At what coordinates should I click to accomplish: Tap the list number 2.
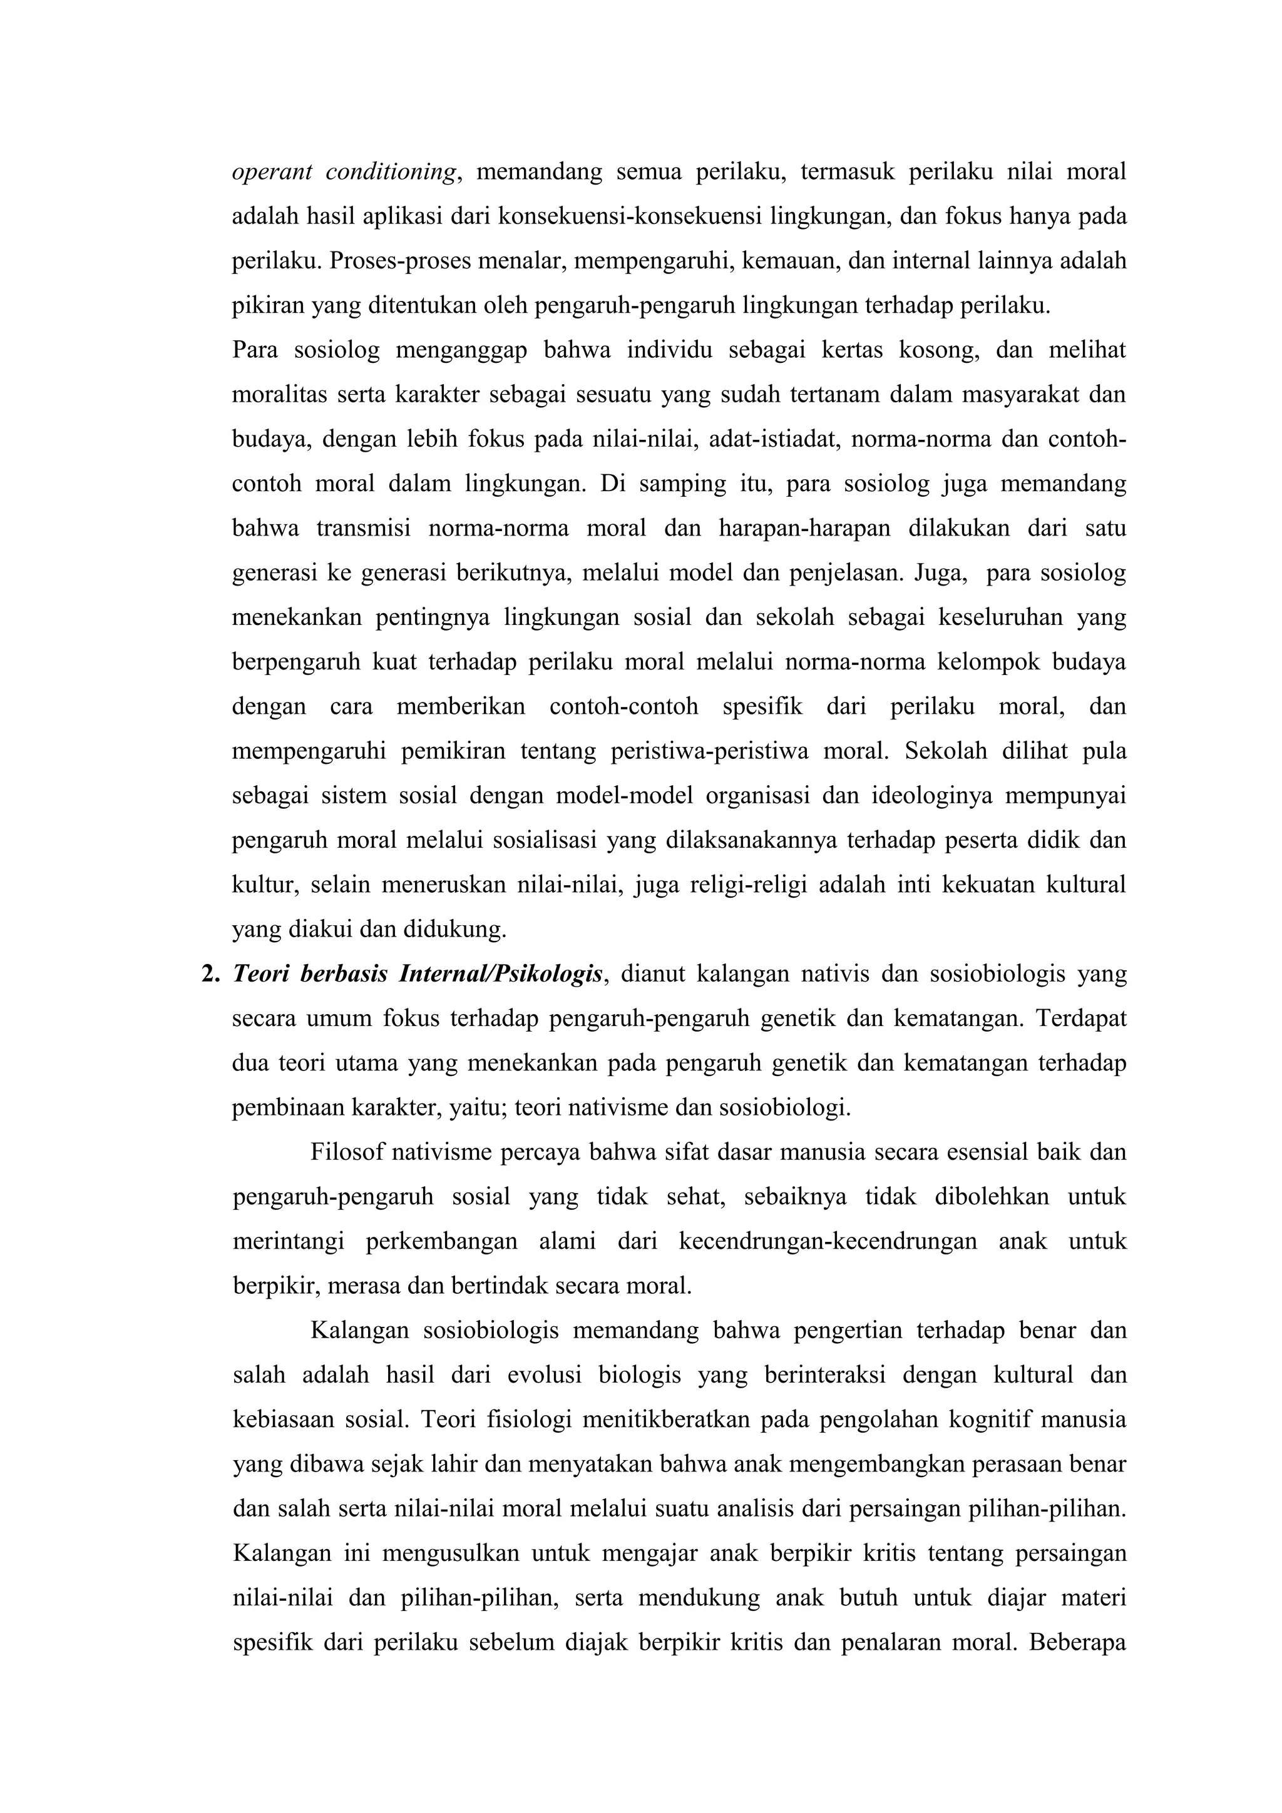coord(210,975)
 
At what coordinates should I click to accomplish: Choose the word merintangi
coord(289,1242)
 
